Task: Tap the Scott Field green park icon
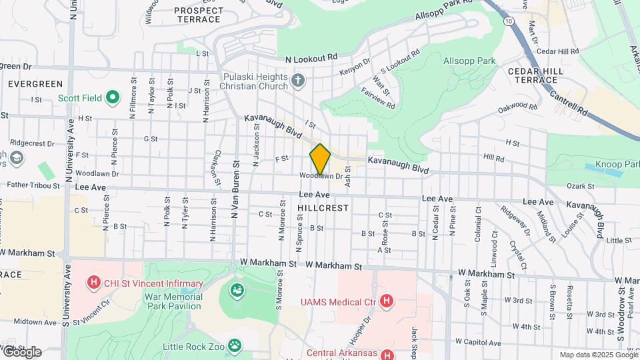click(x=113, y=98)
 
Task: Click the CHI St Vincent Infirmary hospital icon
click(x=94, y=283)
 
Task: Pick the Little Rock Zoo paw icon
click(x=234, y=345)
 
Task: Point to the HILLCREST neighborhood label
click(x=323, y=208)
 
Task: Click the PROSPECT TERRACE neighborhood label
click(x=198, y=15)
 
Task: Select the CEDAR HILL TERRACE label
click(x=541, y=75)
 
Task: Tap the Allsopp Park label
click(x=470, y=61)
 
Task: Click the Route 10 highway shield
click(x=509, y=22)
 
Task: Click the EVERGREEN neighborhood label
click(x=35, y=84)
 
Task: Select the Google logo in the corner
click(x=21, y=351)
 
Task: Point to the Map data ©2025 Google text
click(x=597, y=355)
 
